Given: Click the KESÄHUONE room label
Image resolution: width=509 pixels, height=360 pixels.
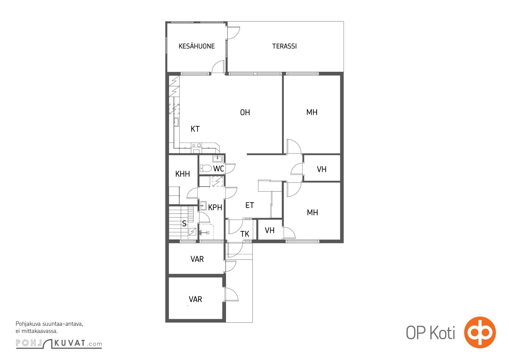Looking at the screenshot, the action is click(x=196, y=46).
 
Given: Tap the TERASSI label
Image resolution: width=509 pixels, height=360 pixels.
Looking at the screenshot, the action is click(x=284, y=46).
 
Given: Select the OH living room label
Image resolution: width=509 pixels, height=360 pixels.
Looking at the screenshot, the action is click(x=245, y=112).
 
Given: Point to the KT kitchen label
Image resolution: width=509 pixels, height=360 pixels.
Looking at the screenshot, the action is click(x=195, y=129).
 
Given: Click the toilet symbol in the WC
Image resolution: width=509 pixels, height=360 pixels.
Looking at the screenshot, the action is click(x=206, y=168).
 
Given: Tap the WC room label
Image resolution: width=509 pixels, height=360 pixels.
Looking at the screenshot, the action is click(x=219, y=168).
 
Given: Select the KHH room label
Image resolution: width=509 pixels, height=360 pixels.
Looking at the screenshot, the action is click(x=183, y=174).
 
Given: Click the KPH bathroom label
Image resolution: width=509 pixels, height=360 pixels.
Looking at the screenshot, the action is click(x=215, y=207).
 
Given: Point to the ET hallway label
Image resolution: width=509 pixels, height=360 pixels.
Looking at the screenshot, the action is click(x=250, y=205).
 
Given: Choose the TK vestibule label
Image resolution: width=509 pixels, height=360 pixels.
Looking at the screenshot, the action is click(x=245, y=234).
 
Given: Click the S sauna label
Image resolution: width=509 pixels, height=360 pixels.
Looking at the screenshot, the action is click(x=184, y=224).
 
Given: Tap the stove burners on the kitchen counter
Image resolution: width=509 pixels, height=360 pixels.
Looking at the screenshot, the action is click(x=196, y=145).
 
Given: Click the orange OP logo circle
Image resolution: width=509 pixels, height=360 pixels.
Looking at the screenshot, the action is click(x=480, y=332).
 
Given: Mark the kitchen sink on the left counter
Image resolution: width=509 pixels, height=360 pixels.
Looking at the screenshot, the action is click(x=176, y=122).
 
